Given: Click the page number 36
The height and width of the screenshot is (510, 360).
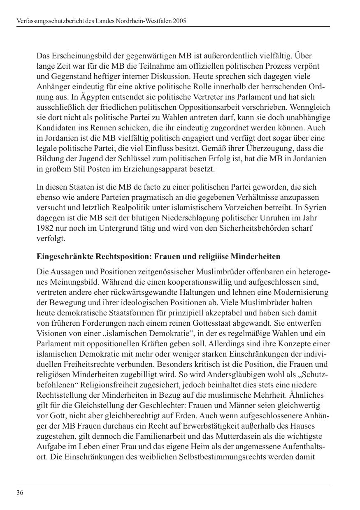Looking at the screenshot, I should coord(20,493).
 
